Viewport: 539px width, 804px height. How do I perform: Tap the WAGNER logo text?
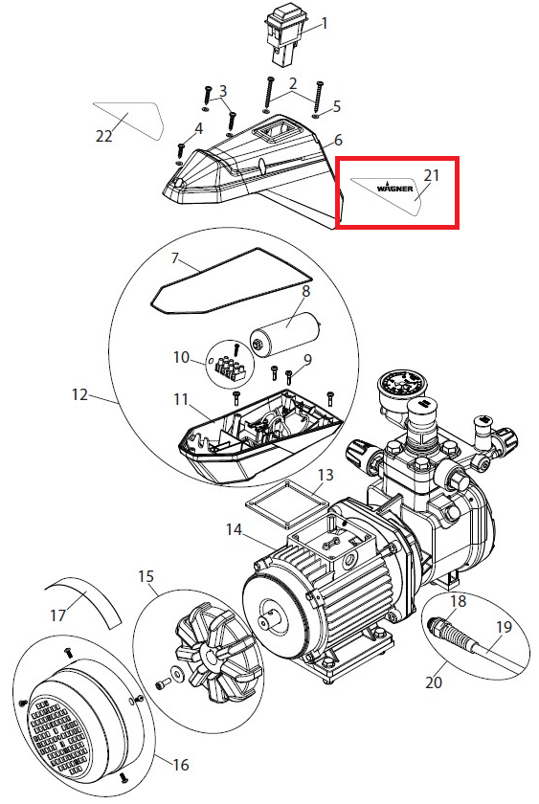(x=394, y=188)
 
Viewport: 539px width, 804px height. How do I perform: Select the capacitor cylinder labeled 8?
(x=285, y=333)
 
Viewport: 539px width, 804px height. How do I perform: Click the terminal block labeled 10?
(x=233, y=366)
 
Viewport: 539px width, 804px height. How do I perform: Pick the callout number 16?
(x=181, y=766)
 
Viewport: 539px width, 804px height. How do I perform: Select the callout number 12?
(x=80, y=395)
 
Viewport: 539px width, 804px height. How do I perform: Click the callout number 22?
(x=104, y=136)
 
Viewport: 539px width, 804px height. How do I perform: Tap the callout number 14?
(x=234, y=529)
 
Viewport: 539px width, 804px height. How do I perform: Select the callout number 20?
(x=434, y=682)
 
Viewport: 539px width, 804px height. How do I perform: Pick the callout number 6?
(x=338, y=140)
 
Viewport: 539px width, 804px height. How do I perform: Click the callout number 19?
(x=505, y=627)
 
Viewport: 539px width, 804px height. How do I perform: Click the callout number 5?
(x=336, y=106)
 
